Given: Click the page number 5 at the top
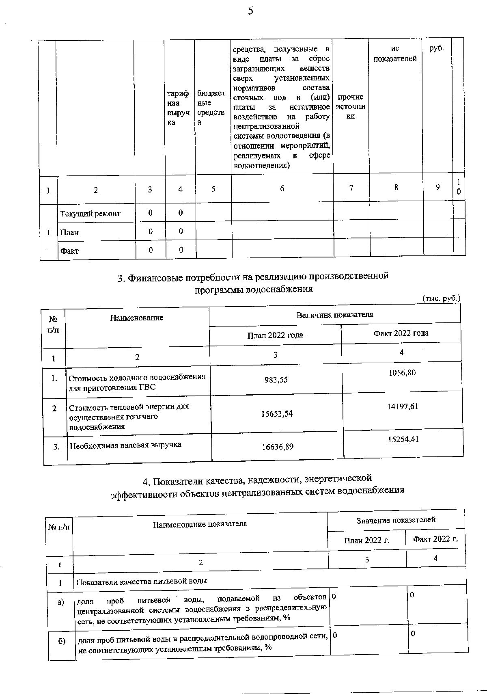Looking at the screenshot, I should [250, 11].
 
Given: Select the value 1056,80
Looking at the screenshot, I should [401, 372].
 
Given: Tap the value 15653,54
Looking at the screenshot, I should [277, 414].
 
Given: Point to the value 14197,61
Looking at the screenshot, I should [403, 406].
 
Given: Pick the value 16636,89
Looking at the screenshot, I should [278, 447].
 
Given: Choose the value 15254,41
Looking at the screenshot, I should [403, 439].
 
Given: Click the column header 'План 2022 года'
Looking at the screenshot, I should [275, 335].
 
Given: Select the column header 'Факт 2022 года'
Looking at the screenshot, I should [401, 333].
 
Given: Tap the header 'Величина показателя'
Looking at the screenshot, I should [335, 315].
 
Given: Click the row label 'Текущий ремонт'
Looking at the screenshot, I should [91, 214].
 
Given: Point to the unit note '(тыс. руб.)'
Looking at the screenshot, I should [441, 298].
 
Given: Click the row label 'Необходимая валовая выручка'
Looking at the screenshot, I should [125, 445].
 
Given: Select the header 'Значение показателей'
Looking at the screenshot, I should [396, 520].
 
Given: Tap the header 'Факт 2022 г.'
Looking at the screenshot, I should [435, 539].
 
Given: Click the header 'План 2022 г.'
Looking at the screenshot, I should [366, 540].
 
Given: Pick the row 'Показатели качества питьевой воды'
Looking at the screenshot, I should [142, 581].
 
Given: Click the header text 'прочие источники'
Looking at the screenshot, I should [351, 106].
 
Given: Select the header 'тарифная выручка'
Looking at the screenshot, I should [177, 108].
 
